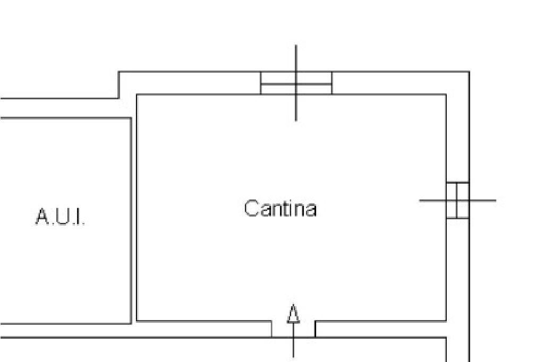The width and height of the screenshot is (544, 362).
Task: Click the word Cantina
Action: pos(280,208)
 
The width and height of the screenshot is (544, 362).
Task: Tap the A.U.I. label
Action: pos(60,217)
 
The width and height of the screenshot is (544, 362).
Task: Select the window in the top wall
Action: pos(296,83)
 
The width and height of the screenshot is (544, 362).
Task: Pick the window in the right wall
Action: pos(457,201)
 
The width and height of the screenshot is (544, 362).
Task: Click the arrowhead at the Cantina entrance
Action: pos(293,314)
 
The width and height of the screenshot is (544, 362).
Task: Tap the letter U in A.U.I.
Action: pos(62,217)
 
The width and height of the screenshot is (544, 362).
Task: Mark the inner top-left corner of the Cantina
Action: pos(137,95)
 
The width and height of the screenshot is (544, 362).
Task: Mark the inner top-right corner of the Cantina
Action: pos(446,95)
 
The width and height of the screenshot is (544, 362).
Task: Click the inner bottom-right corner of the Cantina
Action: pos(446,321)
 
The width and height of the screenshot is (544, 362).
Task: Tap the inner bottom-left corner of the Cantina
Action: pos(137,321)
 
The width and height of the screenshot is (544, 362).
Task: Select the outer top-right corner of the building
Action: pos(469,72)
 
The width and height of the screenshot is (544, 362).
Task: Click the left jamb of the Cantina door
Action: pos(271,329)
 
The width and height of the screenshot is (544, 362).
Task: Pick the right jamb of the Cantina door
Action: pos(315,329)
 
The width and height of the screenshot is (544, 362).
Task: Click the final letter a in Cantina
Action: pos(311,210)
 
